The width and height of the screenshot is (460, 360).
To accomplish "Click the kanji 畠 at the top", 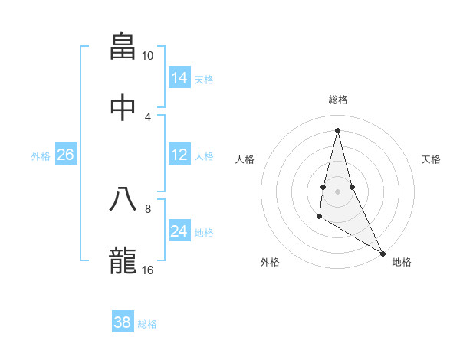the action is pos(123,47).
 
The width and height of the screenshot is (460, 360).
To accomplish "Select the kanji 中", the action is pos(123,106).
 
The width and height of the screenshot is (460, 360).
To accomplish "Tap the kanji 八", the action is pos(123,200).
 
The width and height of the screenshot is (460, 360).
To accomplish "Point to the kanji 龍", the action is pos(123,260).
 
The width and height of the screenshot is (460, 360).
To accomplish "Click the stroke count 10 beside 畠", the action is pos(148,56).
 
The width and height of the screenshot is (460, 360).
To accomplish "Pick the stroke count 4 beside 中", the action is pos(148,116).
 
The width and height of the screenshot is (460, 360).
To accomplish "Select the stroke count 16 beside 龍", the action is pos(148,270).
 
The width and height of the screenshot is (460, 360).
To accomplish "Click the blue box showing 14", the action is pos(179,78).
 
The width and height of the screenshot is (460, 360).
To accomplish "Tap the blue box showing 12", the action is pos(179,155).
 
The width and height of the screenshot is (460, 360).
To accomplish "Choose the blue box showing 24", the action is pos(179,231).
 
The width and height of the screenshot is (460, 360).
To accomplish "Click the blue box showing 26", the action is pos(66,155).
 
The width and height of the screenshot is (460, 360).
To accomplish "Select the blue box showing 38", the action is pos(123,322).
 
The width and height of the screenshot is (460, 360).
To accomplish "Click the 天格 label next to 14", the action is pos(204,80).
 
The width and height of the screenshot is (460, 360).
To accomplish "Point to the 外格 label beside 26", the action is pos(41,156).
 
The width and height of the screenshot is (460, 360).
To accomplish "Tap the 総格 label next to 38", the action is pos(147,324).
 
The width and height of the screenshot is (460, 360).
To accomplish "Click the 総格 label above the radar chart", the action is pos(338,100).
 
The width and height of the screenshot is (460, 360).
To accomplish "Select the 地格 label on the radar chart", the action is pos(402,262).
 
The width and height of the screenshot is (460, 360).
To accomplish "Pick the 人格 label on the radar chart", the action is pos(245,159).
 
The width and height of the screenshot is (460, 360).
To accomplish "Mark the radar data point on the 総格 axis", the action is pos(337,130).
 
